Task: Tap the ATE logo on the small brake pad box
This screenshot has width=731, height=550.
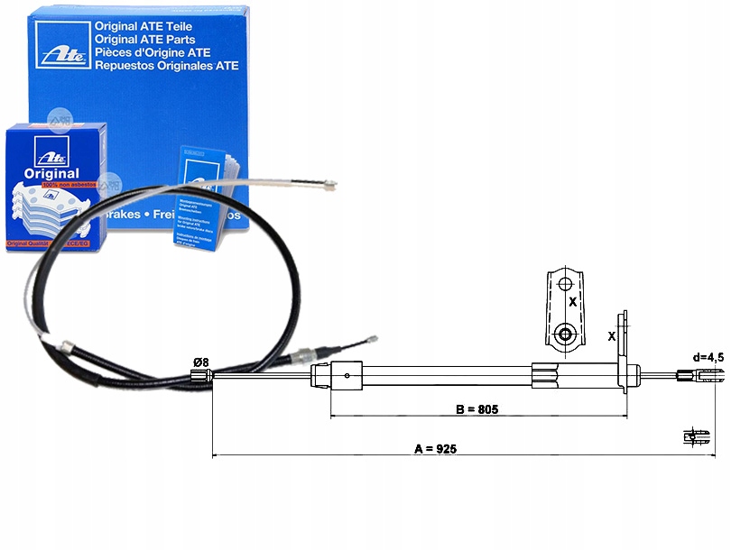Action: pos(46,150)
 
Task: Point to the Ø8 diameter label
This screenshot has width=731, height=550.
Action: pos(199,362)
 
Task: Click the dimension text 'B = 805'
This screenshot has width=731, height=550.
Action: pos(477,409)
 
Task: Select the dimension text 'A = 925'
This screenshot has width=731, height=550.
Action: pos(436,448)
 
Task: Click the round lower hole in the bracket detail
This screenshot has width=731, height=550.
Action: pos(565,335)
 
